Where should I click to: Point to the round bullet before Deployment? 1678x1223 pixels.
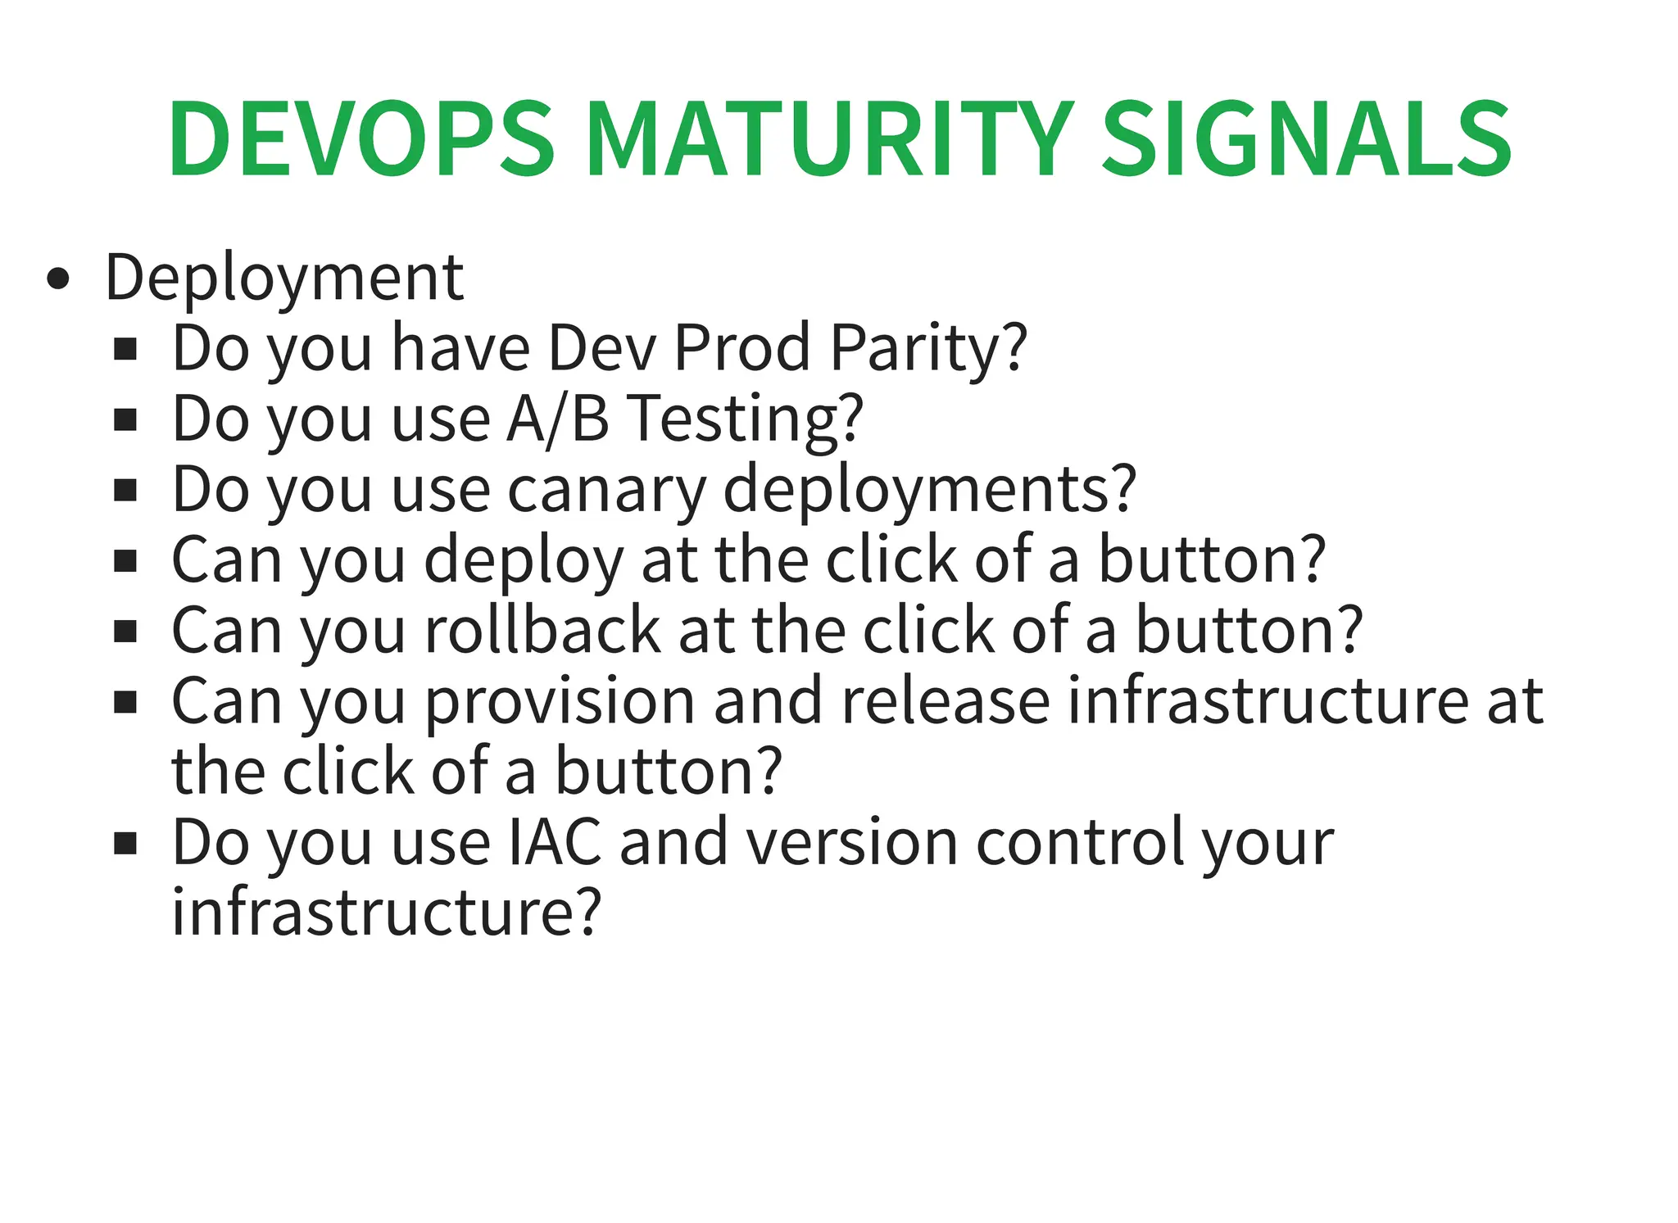pos(58,279)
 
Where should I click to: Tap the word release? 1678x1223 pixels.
pos(946,703)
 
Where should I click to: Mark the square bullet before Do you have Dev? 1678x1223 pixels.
pos(125,351)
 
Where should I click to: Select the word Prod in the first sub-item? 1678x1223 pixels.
pos(741,349)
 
